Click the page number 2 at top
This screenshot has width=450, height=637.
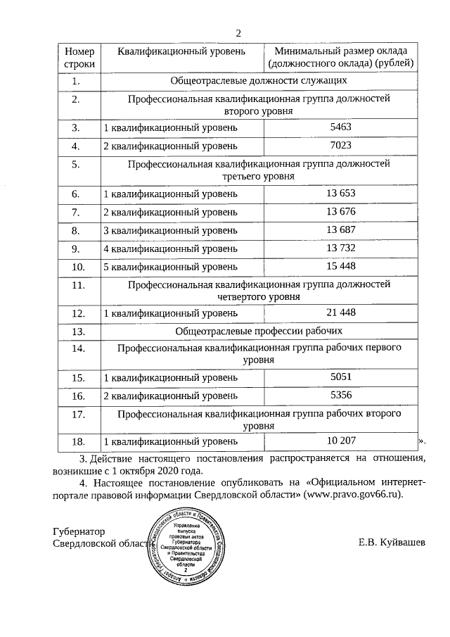[x=238, y=33]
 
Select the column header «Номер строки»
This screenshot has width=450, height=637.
[x=79, y=58]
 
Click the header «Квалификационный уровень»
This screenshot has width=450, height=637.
[x=181, y=52]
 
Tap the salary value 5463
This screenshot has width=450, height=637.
[x=340, y=127]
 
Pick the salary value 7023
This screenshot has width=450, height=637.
[x=340, y=146]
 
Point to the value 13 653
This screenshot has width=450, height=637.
[x=341, y=193]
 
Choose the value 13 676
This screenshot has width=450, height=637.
[x=341, y=211]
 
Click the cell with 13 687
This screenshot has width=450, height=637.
[x=341, y=229]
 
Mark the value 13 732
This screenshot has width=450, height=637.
[x=341, y=248]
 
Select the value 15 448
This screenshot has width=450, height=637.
[x=341, y=266]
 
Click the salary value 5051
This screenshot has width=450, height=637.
[x=340, y=377]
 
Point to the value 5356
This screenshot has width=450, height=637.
[x=340, y=396]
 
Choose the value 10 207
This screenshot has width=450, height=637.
[x=341, y=441]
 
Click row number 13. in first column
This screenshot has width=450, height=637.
[x=79, y=331]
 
